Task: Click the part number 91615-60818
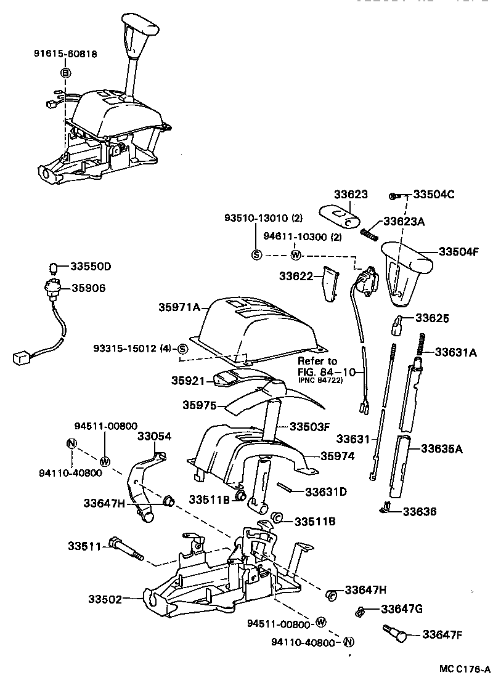tap(65, 54)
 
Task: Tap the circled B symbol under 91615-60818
tap(66, 73)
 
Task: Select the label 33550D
tap(90, 267)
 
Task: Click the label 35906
tap(88, 288)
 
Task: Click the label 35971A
tap(179, 307)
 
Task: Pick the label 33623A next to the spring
tap(404, 221)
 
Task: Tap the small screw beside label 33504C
tap(392, 196)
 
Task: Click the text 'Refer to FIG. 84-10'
tap(318, 366)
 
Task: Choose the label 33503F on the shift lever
tap(309, 426)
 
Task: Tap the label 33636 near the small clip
tap(420, 511)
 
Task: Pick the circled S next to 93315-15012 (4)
tap(182, 349)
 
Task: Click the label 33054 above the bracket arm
tap(154, 436)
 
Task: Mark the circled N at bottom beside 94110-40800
tap(348, 642)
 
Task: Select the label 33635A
tap(442, 449)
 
